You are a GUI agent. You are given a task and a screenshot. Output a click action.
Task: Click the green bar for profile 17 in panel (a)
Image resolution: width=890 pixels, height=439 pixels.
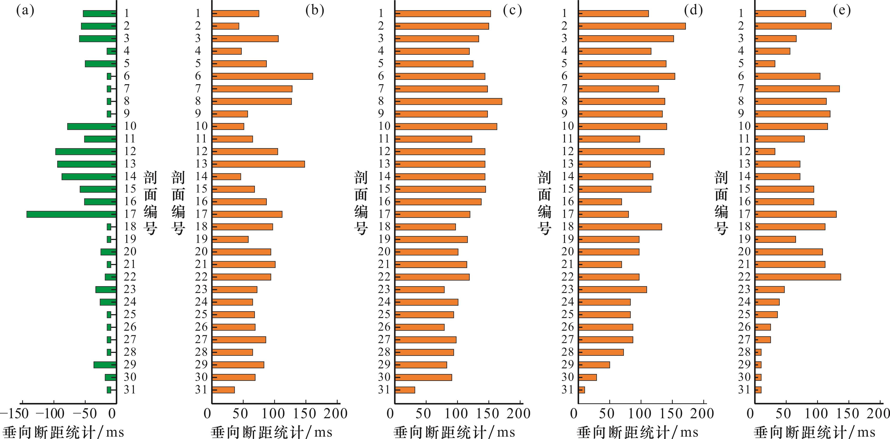point(71,214)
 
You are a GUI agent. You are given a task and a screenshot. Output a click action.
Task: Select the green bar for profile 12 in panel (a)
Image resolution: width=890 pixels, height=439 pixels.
point(86,152)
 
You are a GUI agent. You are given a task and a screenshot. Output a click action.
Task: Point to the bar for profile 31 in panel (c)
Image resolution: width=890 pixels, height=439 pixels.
point(405,390)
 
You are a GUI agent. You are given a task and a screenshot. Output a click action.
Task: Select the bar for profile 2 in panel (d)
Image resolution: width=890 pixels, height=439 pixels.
point(632,26)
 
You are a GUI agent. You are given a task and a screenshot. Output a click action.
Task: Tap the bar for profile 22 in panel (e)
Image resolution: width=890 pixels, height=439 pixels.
point(798,277)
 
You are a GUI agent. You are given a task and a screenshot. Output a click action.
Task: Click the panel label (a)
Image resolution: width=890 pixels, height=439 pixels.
point(25,11)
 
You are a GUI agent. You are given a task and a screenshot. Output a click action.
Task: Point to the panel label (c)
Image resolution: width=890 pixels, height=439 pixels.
point(512,11)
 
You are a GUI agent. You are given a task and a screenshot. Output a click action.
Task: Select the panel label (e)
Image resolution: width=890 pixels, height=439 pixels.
point(842,11)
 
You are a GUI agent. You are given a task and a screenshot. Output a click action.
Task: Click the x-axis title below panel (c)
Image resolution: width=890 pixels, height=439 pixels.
point(454,432)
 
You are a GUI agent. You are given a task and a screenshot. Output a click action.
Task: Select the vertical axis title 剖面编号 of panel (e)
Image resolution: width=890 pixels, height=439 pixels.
point(721,203)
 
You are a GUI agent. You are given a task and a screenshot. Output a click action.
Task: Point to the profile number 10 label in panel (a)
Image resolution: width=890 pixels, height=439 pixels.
point(130,126)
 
